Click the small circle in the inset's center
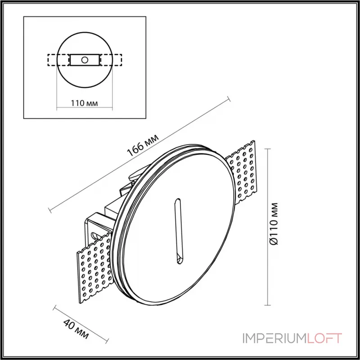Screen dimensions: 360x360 coord(85,59)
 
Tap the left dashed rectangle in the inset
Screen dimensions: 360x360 coord(58,59)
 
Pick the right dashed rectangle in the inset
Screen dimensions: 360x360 coord(111,59)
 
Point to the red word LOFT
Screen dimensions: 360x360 coord(324,338)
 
